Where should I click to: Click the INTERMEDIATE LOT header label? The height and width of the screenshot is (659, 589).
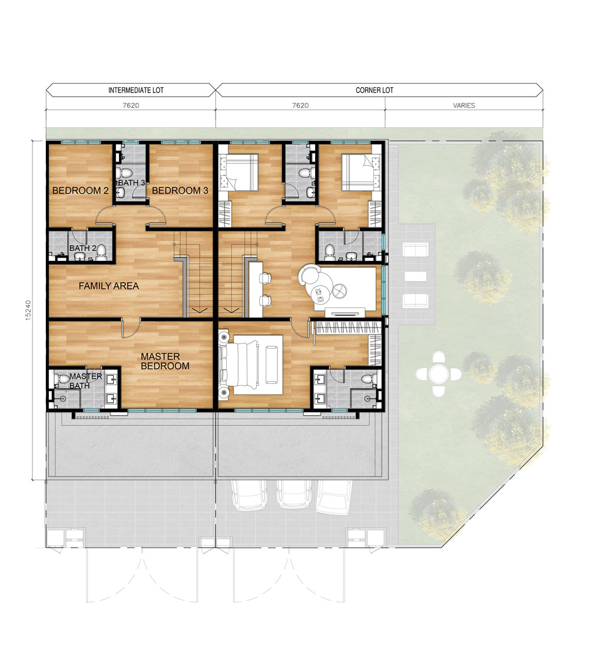click(136, 90)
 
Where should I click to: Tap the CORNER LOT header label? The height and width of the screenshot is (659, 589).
click(375, 90)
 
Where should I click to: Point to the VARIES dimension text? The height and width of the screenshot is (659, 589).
click(464, 105)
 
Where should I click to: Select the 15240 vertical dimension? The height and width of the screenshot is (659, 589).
click(28, 310)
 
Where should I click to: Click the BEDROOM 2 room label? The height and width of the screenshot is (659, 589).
click(80, 190)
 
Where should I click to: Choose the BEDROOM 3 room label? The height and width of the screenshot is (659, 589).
click(180, 190)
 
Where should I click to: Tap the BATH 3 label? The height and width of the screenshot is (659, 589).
click(131, 183)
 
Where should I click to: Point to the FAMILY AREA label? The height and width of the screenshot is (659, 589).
click(109, 286)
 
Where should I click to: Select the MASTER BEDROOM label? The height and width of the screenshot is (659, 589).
click(165, 361)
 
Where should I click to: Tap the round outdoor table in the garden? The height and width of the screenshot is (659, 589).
click(439, 373)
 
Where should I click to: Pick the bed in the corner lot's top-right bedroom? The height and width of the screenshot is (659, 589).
click(357, 173)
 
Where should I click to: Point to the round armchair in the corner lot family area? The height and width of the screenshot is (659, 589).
click(309, 276)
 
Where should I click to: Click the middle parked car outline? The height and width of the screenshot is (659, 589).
click(294, 495)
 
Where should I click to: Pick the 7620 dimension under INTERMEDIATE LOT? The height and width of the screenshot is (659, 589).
click(131, 105)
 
